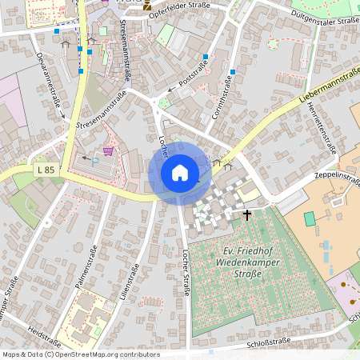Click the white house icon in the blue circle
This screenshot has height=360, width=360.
(x=179, y=173)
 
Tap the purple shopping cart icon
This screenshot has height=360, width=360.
(x=107, y=150)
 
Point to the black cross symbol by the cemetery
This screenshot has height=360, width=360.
(x=246, y=214)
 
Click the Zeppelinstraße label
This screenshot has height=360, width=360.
(x=338, y=176)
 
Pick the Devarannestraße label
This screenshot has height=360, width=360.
(x=49, y=90)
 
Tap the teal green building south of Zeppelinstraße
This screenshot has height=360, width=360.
(x=310, y=218)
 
